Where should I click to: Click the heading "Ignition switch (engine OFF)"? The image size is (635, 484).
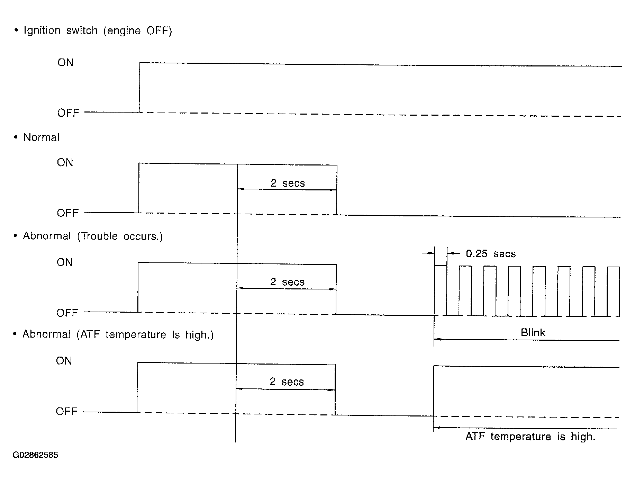(98, 31)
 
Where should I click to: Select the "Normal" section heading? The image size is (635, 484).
(42, 137)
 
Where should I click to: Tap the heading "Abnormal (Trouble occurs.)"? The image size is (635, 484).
(93, 236)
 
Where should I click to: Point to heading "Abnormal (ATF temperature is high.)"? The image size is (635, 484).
(118, 335)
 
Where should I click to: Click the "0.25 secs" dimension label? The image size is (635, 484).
(491, 254)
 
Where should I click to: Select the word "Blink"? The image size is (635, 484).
(533, 333)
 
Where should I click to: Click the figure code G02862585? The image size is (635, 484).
(35, 455)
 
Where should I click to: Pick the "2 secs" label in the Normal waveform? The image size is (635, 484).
(288, 183)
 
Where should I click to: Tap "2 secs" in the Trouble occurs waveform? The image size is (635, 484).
(288, 282)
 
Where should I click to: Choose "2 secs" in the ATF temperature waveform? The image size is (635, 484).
(287, 382)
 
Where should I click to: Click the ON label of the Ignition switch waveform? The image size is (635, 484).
(66, 62)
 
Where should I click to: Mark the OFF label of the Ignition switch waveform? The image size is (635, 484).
(68, 113)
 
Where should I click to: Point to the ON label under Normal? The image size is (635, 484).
(65, 163)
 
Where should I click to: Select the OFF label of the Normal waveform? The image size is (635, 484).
(68, 213)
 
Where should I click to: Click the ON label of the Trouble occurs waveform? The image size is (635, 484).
(65, 262)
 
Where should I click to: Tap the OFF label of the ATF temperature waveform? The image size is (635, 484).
(67, 412)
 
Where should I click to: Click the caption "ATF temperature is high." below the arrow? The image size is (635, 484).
(530, 437)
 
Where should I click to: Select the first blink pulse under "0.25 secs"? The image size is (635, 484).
(441, 266)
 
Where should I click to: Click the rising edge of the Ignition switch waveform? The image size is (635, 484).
(139, 87)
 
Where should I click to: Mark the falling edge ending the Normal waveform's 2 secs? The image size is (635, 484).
(337, 190)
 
